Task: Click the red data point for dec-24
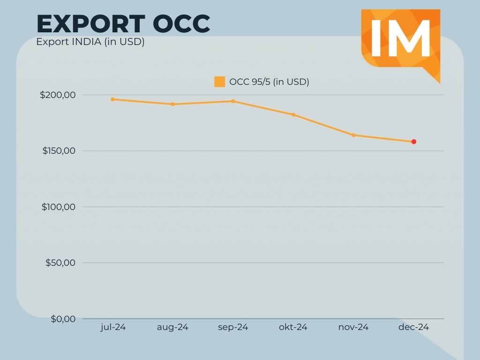coord(414,142)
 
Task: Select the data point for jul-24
coord(112,99)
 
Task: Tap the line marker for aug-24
coord(172,104)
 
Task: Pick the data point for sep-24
coord(233,101)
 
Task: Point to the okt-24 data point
coord(293,114)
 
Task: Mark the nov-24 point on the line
coord(353,135)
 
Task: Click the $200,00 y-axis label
coord(58,95)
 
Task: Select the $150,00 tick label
coord(59,151)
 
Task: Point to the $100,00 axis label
coord(59,207)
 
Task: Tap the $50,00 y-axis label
coord(60,262)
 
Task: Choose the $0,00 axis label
coord(63,319)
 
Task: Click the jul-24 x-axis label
coord(113,327)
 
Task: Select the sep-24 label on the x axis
coord(233,327)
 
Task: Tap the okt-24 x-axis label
coord(293,327)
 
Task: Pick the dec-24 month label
coord(414,327)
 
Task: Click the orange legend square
coord(219,82)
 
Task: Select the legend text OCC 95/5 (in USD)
coord(269,82)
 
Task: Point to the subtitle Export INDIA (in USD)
coord(90,42)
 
